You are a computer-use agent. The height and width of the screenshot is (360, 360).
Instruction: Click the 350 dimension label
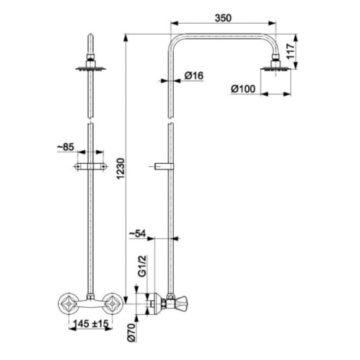223,18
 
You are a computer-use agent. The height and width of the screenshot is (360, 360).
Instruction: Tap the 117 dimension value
290,51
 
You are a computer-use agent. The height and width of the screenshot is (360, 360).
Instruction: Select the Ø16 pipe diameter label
194,76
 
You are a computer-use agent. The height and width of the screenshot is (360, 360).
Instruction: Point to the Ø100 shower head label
243,89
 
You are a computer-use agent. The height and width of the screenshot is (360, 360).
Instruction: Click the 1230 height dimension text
121,169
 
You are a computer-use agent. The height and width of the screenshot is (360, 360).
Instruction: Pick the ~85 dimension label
65,147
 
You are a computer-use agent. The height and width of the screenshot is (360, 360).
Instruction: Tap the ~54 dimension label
137,234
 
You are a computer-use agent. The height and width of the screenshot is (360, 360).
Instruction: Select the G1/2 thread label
142,266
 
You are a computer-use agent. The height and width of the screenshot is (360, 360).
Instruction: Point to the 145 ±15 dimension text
91,323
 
